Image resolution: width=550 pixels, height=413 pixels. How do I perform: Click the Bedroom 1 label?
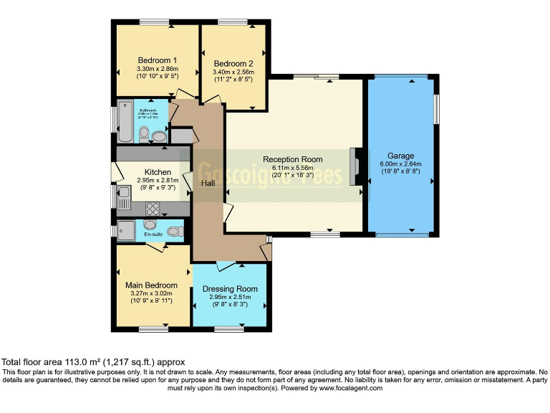[158, 60]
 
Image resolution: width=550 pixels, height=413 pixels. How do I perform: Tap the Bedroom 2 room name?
[233, 63]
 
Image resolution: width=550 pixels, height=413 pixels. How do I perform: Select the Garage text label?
[401, 156]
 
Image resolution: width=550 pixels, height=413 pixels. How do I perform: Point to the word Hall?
[208, 184]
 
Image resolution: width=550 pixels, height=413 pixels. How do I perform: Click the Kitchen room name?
[158, 172]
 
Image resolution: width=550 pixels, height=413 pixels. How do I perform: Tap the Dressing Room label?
[229, 289]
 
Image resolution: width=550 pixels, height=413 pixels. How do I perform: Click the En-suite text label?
[153, 234]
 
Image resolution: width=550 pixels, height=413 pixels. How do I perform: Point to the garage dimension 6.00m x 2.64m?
[401, 164]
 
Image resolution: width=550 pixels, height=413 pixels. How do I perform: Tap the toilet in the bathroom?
[145, 133]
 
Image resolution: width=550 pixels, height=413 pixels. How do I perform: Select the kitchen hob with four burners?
[153, 208]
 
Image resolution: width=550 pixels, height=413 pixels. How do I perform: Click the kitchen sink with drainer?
[123, 197]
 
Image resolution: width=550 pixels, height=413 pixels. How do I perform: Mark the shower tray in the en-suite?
[127, 230]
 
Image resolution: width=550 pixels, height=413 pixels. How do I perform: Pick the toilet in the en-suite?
[176, 231]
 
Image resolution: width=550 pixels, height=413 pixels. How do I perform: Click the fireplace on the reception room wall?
[354, 166]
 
